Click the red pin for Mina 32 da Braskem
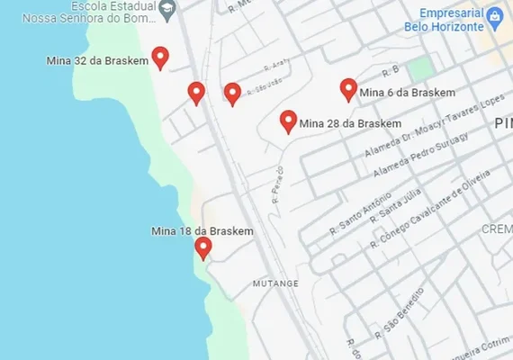click(x=160, y=58)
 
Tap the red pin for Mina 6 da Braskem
click(x=348, y=89)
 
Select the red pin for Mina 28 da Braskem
click(x=288, y=121)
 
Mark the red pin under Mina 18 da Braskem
click(x=203, y=247)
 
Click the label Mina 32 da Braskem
click(x=96, y=61)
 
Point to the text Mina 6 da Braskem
click(x=407, y=92)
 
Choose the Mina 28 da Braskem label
click(x=350, y=123)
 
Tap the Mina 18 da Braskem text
click(x=202, y=231)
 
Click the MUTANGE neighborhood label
click(x=275, y=283)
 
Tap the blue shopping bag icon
click(x=494, y=16)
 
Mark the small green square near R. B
click(x=418, y=68)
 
